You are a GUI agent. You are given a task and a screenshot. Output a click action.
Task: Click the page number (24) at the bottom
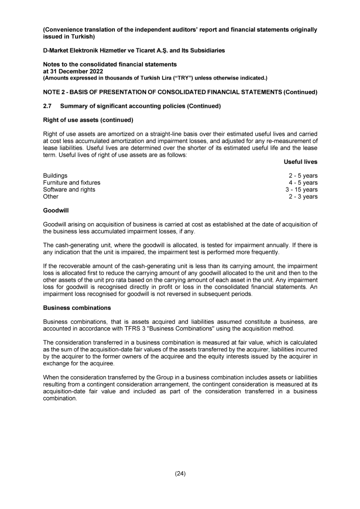tap(180, 473)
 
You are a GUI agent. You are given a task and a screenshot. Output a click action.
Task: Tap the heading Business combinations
tap(76, 308)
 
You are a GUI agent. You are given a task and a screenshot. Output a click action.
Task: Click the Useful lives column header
tap(300, 162)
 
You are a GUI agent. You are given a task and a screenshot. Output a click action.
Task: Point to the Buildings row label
tap(55, 176)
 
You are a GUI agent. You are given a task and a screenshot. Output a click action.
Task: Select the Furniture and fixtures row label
tap(71, 183)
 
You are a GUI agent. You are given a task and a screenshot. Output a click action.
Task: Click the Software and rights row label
tap(69, 189)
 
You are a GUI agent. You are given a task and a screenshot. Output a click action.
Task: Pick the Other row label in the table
tap(51, 197)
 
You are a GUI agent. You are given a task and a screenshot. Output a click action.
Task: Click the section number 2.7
tap(47, 106)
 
